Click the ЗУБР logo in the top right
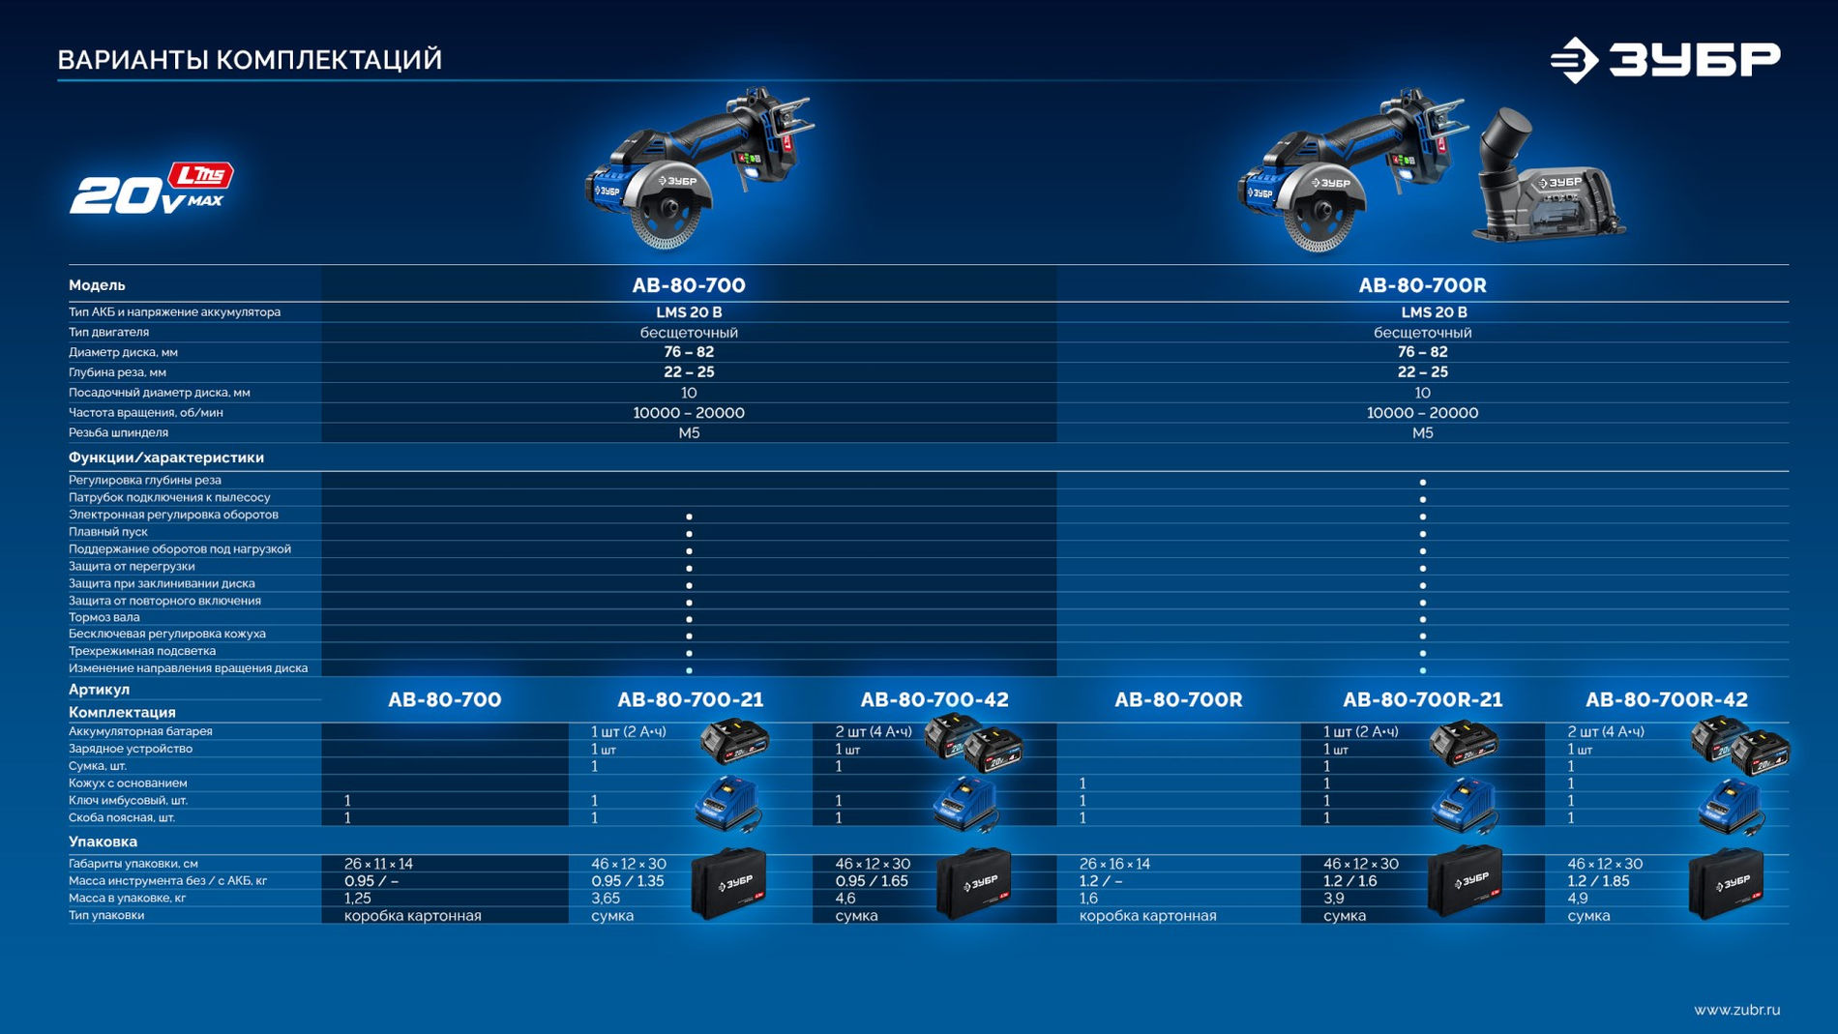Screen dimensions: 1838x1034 1665,60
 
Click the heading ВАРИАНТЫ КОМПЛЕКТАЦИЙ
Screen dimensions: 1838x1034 250,60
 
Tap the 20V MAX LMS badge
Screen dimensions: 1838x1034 152,188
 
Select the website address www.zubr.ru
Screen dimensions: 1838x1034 1736,1010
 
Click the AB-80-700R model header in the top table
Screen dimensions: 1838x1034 1422,285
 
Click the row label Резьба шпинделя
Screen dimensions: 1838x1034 118,432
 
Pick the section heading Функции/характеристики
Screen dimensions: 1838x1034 166,458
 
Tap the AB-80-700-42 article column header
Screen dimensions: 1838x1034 934,699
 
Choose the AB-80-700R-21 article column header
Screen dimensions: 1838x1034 1422,699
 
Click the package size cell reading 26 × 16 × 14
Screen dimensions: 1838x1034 1114,864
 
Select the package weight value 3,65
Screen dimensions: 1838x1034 606,899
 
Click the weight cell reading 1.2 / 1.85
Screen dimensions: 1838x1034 1598,881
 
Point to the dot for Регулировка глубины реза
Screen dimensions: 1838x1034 1423,482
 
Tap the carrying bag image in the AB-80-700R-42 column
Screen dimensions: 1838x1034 1726,882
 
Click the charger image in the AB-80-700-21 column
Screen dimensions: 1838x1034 728,804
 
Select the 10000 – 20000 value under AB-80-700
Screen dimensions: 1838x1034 689,413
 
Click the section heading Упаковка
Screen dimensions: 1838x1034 103,842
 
